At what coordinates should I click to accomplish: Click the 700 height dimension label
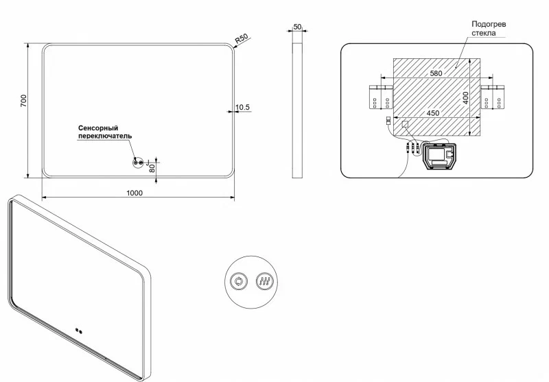coord(23,101)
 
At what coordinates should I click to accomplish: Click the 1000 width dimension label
coord(135,193)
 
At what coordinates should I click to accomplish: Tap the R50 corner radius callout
coord(241,38)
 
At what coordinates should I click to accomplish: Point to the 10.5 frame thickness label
coord(243,107)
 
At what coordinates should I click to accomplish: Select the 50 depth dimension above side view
coord(297,27)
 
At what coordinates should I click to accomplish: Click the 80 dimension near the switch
coord(152,168)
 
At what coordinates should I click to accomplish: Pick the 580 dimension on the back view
coord(436,73)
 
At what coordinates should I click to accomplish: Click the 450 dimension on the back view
coord(433,113)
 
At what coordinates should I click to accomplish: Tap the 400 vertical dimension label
coord(465,98)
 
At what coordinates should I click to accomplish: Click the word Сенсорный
coord(98,128)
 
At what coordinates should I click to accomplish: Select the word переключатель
coord(105,136)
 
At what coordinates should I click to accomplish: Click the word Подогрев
coord(489,25)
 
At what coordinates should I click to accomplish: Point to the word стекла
coord(484,33)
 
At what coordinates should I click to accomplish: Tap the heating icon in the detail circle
coord(265,281)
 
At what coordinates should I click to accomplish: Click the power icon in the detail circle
coord(239,281)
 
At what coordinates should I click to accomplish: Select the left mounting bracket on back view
coord(382,97)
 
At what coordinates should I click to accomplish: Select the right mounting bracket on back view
coord(492,97)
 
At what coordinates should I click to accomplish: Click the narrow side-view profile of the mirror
coord(297,110)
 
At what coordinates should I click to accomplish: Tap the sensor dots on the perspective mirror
coord(79,331)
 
